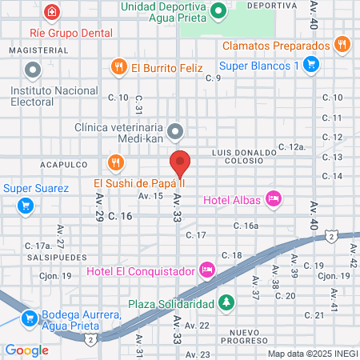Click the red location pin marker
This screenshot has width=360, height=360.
coord(180,163)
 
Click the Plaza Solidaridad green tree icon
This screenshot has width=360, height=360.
coord(227,303)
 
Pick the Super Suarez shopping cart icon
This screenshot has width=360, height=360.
coord(26,205)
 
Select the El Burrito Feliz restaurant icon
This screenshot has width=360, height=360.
coord(119,66)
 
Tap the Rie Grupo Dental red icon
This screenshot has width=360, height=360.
coord(52,13)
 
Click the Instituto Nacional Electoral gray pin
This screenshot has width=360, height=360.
coord(32,71)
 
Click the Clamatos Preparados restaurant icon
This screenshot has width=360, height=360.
coord(342,45)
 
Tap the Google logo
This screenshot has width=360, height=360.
coord(27,350)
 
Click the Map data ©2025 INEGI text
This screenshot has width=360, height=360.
coord(311,353)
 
